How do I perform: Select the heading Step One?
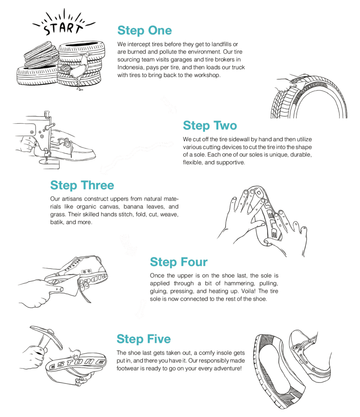[144, 31]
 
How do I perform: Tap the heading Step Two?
[210, 125]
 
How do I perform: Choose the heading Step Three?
[82, 185]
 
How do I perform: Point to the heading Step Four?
[179, 262]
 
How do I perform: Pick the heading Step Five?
[144, 339]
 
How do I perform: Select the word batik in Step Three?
[56, 222]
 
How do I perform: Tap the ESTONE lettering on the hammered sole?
[77, 364]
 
